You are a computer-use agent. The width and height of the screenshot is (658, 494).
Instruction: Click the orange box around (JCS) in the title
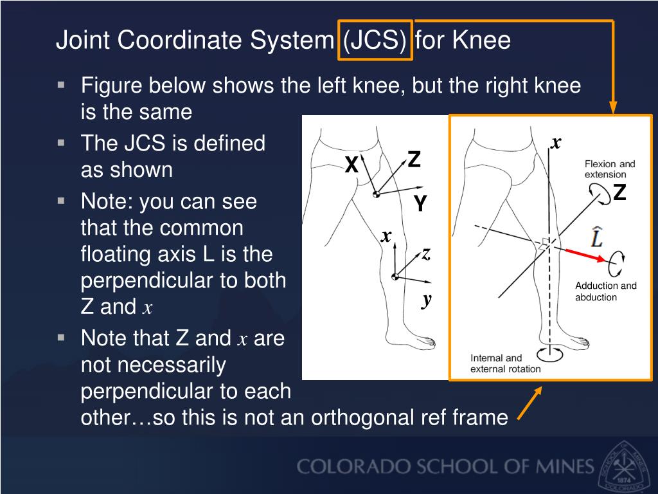375,41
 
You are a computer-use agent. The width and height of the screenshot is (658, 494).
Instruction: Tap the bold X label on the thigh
351,165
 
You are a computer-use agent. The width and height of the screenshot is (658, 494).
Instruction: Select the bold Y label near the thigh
420,204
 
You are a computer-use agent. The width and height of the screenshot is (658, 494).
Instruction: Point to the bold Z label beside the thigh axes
414,160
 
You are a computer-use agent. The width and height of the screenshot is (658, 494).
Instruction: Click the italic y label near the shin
426,299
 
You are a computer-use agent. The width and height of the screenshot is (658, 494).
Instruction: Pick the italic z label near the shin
425,254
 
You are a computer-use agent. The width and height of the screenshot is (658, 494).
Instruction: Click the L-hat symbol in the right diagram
597,237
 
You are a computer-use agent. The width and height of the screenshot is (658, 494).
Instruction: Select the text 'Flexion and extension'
609,169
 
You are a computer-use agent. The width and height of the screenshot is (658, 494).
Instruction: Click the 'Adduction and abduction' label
605,291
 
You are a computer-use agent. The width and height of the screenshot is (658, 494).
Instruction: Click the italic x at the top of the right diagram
556,142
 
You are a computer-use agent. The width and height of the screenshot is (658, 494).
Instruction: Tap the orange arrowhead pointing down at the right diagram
612,107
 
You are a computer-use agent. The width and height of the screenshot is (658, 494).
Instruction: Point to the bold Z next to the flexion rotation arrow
619,192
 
